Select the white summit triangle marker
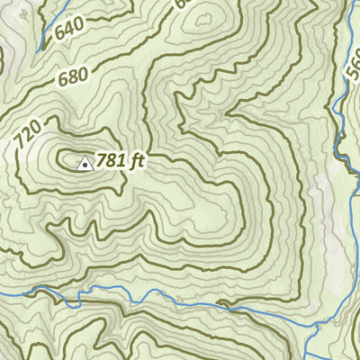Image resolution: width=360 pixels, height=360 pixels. point(85,163)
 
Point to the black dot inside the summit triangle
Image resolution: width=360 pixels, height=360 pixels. point(85,165)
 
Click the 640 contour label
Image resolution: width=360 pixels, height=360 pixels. point(71,30)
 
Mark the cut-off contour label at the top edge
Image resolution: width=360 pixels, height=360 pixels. point(183,4)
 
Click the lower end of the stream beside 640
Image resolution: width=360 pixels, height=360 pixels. point(37,50)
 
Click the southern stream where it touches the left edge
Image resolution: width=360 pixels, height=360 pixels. point(2,293)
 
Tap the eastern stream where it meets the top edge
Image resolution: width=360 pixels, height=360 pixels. point(346,3)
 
